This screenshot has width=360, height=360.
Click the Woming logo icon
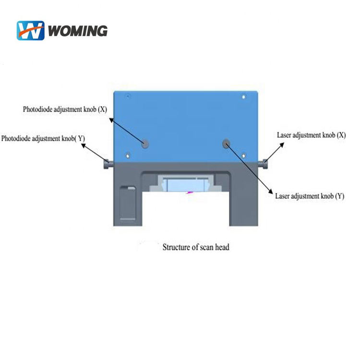pyautogui.click(x=31, y=30)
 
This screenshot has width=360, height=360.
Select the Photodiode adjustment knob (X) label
pyautogui.click(x=64, y=109)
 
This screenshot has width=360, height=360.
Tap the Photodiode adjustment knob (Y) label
pyautogui.click(x=43, y=138)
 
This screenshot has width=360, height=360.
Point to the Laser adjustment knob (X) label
pyautogui.click(x=311, y=135)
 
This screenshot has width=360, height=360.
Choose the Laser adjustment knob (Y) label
pyautogui.click(x=309, y=196)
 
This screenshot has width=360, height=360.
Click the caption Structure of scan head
pyautogui.click(x=196, y=247)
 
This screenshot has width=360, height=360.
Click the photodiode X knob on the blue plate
pyautogui.click(x=144, y=143)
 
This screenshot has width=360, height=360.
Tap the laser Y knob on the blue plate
pyautogui.click(x=226, y=143)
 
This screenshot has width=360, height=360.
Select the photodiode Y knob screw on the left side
pyautogui.click(x=107, y=164)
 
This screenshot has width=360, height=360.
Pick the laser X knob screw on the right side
pyautogui.click(x=264, y=164)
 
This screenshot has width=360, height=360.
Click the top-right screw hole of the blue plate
pyautogui.click(x=243, y=97)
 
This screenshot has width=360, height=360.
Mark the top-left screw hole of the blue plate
pyautogui.click(x=128, y=97)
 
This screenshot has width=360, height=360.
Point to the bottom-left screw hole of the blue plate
pyautogui.click(x=128, y=155)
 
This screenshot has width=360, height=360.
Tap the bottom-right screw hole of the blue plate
pyautogui.click(x=243, y=155)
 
